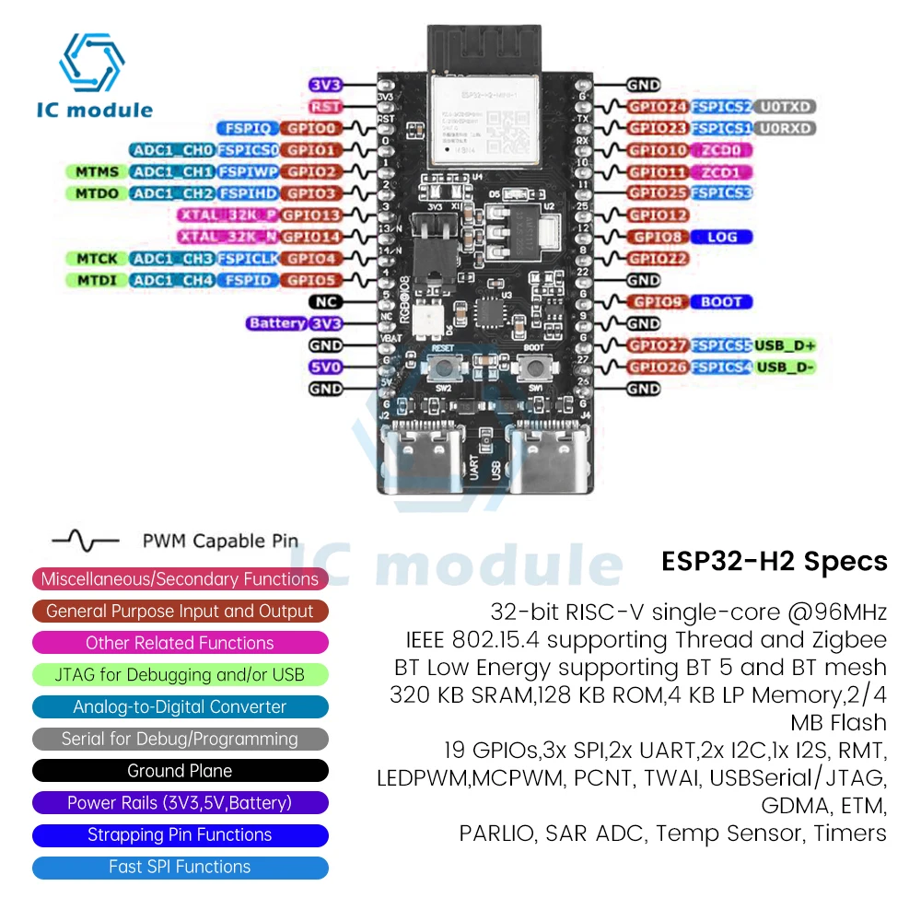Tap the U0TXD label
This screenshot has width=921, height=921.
[786, 107]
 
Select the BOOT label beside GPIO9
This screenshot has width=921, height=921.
[722, 302]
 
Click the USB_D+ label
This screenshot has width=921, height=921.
[785, 345]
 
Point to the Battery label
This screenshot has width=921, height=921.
[276, 323]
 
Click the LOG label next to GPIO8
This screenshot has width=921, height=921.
[722, 237]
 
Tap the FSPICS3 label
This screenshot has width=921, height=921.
[722, 193]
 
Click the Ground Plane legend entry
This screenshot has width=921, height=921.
[180, 771]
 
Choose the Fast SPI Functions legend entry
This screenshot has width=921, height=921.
[180, 867]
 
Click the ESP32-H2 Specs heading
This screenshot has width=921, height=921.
[774, 562]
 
